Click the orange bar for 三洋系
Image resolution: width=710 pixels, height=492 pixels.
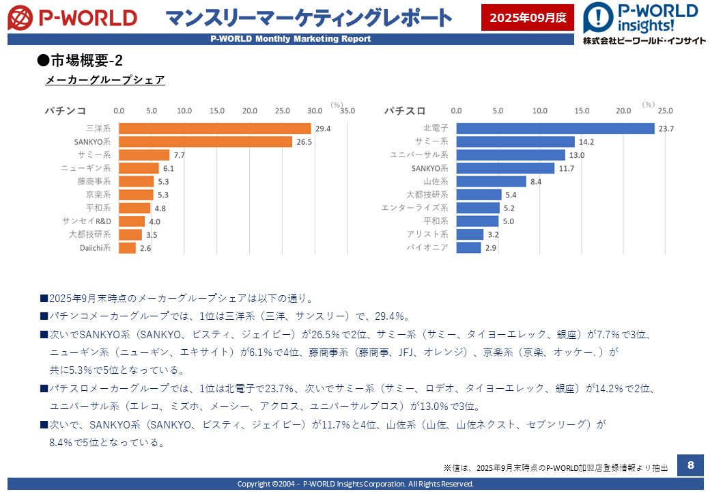[215, 128]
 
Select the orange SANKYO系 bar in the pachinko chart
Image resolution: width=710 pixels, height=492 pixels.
[205, 141]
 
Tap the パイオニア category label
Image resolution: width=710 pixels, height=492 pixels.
[428, 247]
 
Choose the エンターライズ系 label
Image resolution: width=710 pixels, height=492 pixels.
[414, 208]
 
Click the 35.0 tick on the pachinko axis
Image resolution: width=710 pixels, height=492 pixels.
[347, 111]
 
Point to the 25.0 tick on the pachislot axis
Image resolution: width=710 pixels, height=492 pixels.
[664, 111]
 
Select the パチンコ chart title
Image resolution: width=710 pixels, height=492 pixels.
[66, 110]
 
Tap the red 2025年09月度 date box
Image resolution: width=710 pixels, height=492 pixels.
[528, 17]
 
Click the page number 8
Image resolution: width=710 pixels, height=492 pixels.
[690, 465]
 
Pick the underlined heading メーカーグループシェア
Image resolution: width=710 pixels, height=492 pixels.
[105, 80]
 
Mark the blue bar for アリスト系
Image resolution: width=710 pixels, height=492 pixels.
[470, 234]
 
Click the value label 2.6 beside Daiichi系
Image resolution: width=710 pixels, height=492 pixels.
[145, 248]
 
